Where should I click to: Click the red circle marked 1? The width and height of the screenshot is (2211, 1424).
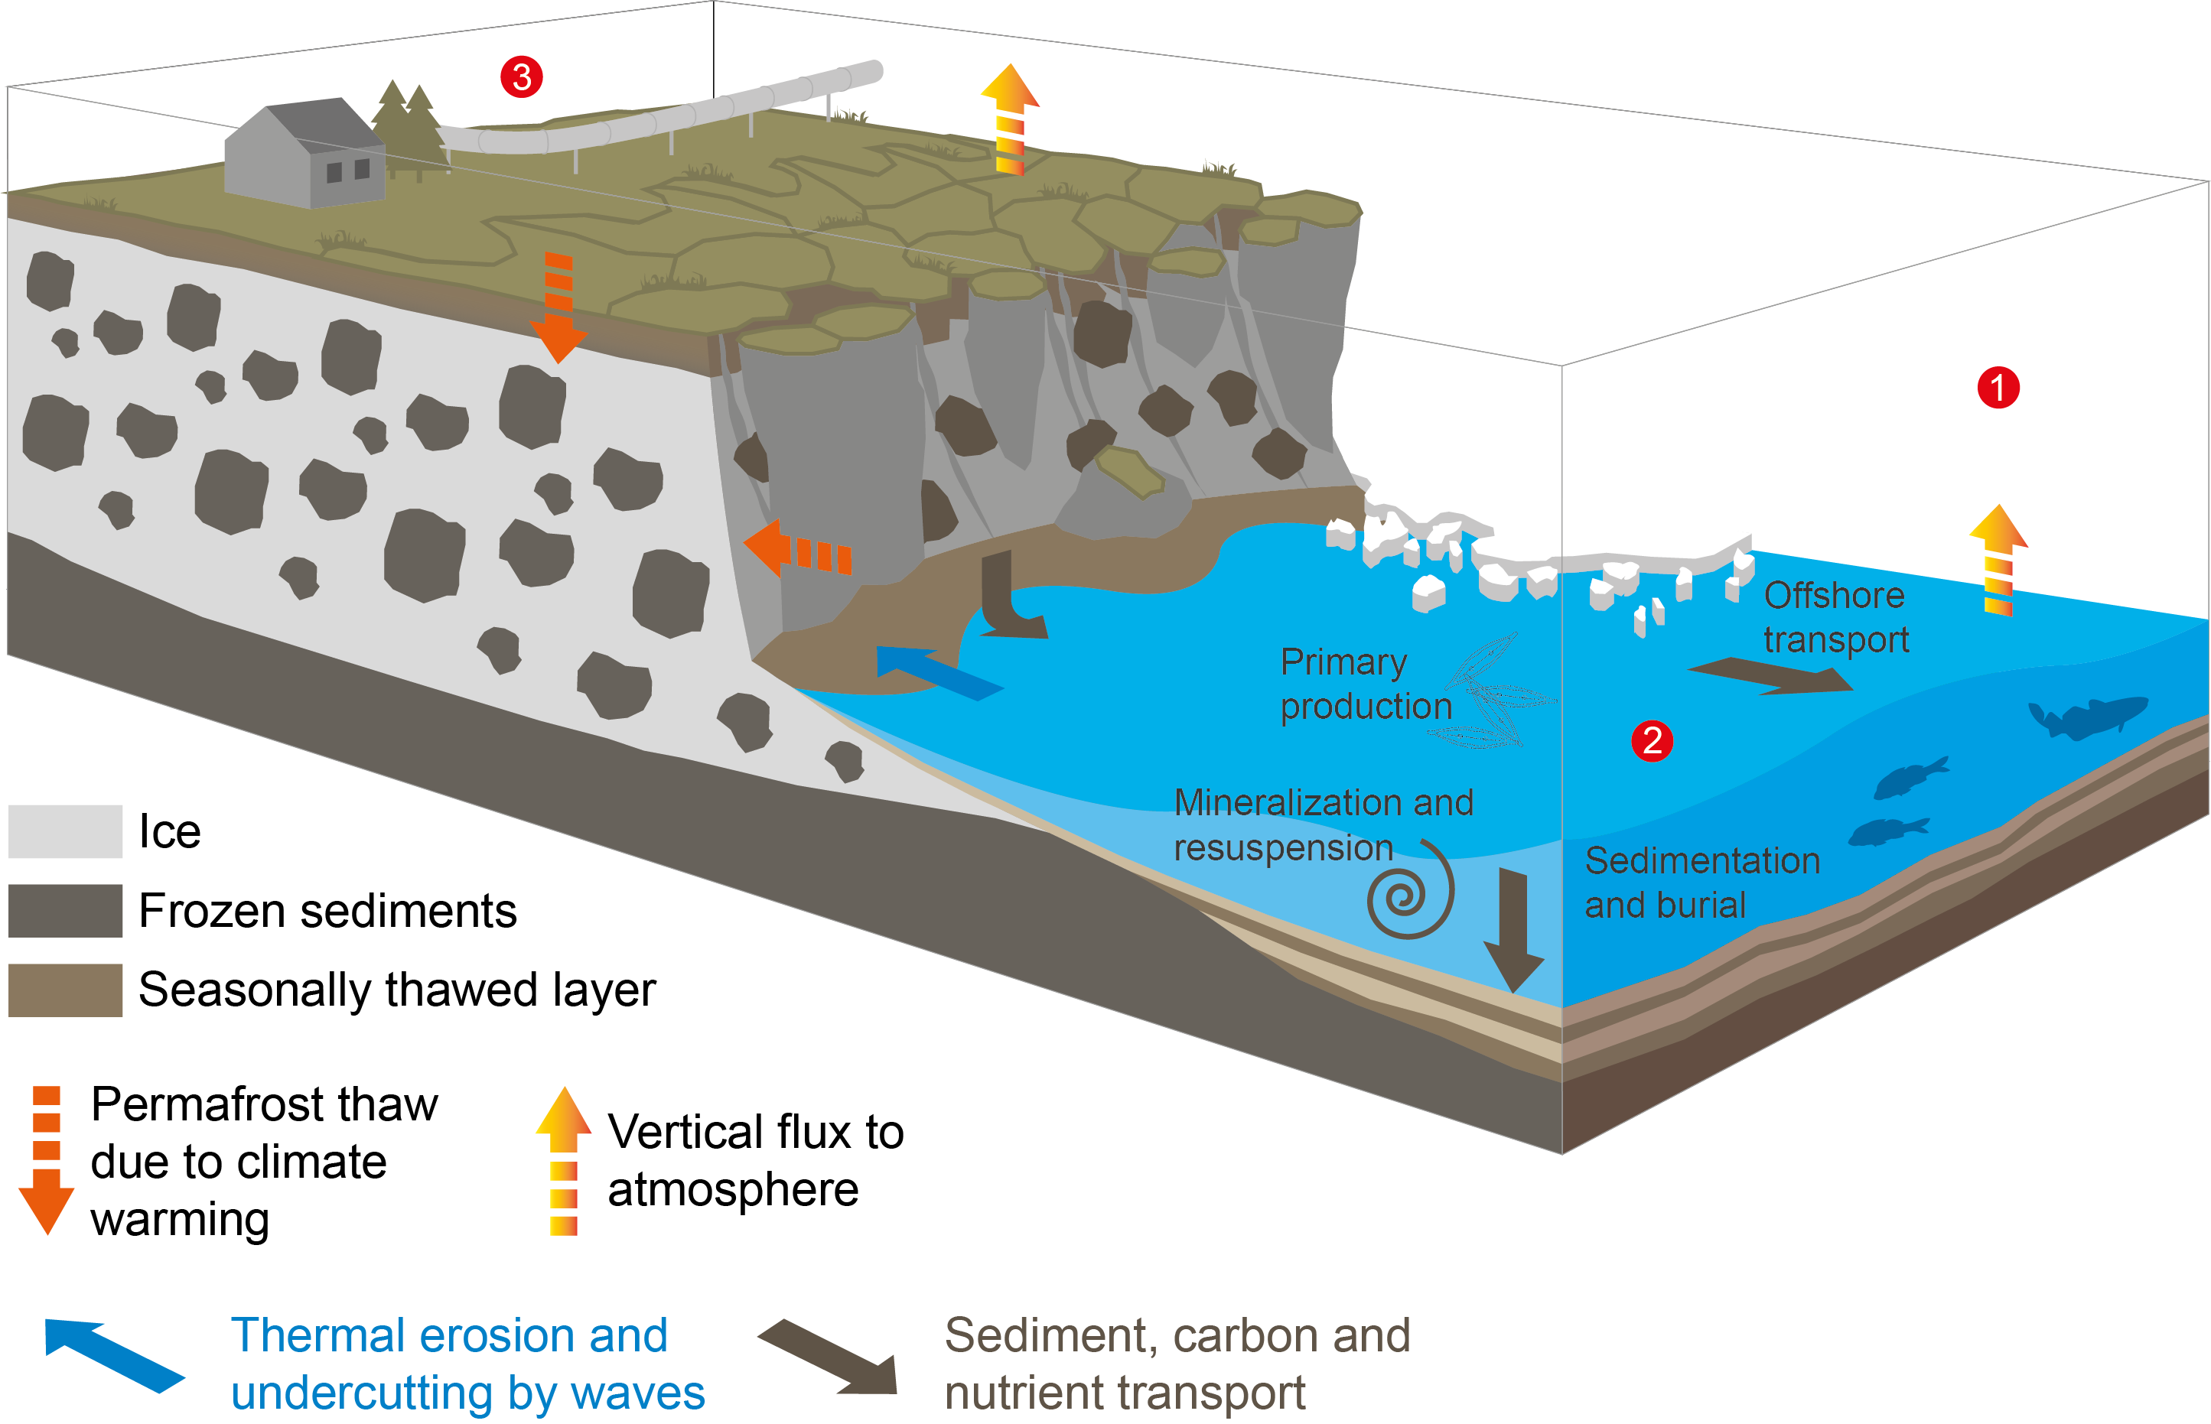pyautogui.click(x=1998, y=388)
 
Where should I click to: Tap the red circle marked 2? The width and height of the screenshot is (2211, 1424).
pyautogui.click(x=1652, y=740)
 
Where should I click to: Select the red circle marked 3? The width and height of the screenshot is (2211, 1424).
pyautogui.click(x=522, y=76)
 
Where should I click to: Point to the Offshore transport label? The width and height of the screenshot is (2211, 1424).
pyautogui.click(x=1835, y=616)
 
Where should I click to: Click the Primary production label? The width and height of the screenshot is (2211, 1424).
pyautogui.click(x=1364, y=684)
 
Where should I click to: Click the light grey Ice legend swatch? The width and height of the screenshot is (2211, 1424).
pyautogui.click(x=66, y=831)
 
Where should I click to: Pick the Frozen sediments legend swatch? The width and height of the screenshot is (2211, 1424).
pyautogui.click(x=66, y=911)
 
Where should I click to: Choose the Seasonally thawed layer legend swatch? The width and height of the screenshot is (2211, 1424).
pyautogui.click(x=66, y=990)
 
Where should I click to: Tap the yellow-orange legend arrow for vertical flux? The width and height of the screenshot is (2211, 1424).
pyautogui.click(x=563, y=1160)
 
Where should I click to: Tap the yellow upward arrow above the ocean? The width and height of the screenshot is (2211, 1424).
pyautogui.click(x=1998, y=560)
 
